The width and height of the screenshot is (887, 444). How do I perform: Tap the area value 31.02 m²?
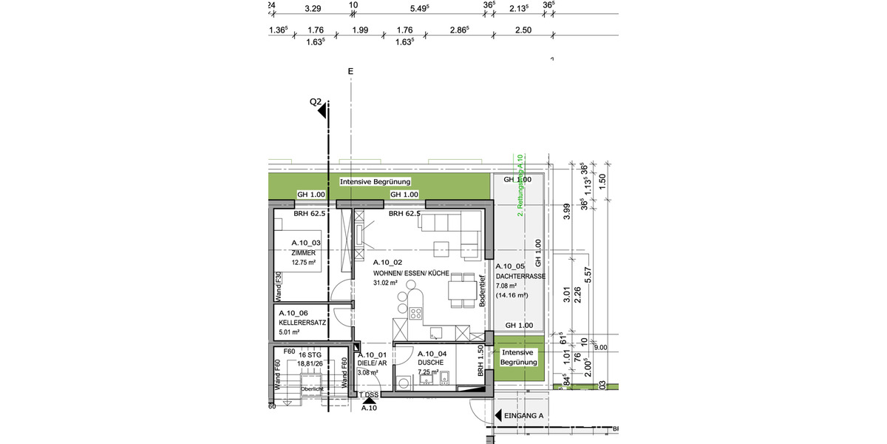tap(385, 283)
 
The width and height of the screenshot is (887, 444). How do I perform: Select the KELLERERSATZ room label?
tap(302, 323)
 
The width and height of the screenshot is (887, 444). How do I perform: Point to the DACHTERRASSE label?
tap(520, 276)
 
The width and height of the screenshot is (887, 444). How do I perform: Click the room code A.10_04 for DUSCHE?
tap(431, 354)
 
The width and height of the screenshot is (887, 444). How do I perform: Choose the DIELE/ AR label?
tap(373, 363)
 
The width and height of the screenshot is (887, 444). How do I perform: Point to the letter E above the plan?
tap(350, 72)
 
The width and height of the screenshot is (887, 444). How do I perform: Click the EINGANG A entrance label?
tap(523, 416)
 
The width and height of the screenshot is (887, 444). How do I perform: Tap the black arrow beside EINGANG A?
tap(498, 416)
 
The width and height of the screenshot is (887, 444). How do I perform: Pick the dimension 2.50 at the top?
tap(523, 30)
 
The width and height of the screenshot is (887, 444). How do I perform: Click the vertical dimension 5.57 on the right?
tap(588, 274)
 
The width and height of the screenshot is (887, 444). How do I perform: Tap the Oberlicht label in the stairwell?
tap(311, 388)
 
